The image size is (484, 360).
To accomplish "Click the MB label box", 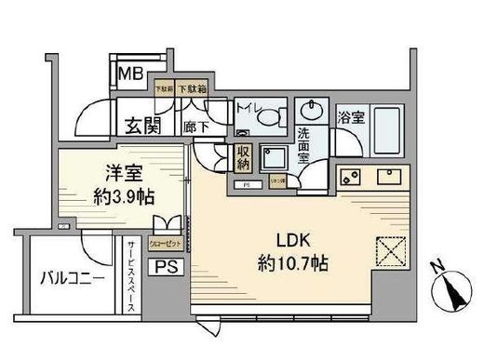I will [128, 72].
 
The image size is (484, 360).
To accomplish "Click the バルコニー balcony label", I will [71, 277].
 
